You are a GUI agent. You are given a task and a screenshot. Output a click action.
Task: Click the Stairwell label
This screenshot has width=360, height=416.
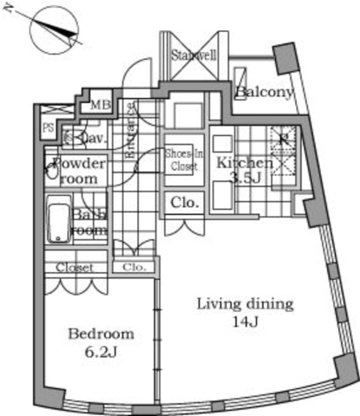coord(193,55)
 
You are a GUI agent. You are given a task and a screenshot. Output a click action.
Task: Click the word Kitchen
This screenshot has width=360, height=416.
coord(245,163)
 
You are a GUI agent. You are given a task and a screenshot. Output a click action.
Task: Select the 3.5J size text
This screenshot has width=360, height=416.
coord(243,178)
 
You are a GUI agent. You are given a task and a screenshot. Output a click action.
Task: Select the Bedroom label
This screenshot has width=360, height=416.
coord(102,334)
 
